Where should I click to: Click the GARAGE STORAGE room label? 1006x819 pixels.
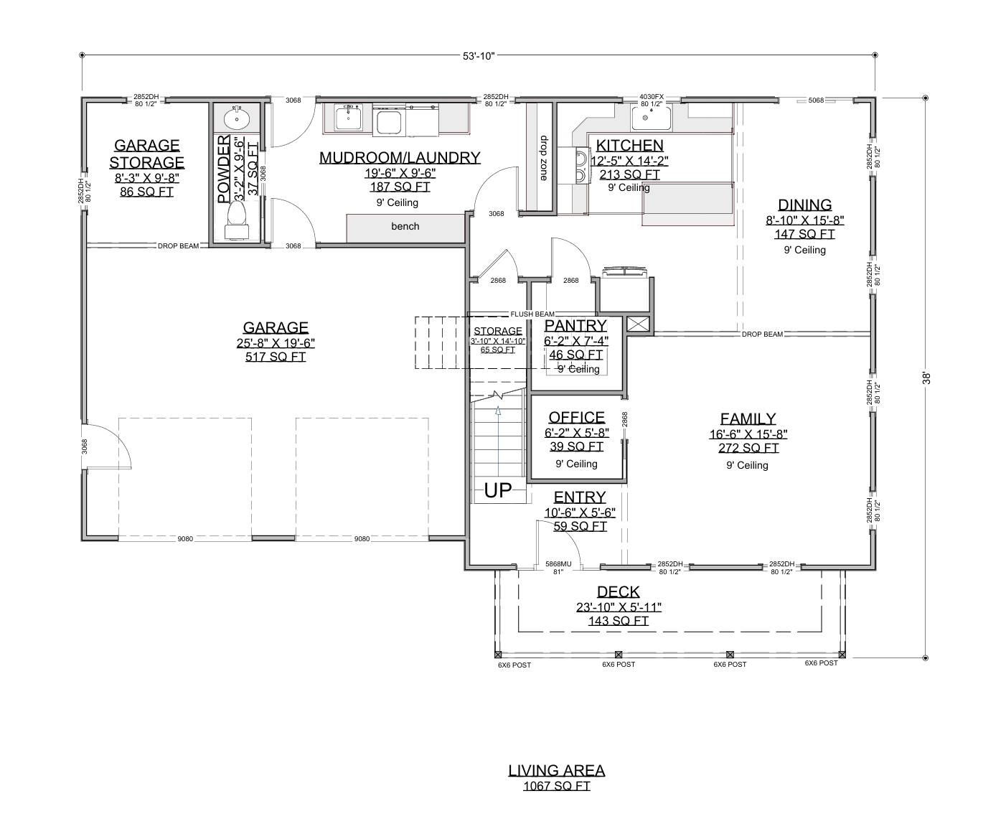pos(146,154)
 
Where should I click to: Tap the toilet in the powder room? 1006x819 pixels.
pos(235,219)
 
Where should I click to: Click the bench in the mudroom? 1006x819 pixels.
pos(405,227)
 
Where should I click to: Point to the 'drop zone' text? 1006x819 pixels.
pos(543,159)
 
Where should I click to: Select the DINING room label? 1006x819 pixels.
pos(804,205)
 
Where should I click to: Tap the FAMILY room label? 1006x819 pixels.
pos(748,418)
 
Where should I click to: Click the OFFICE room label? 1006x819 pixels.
pos(576,418)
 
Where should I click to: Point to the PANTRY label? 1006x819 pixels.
pos(575,326)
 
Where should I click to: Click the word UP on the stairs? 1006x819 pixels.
pos(498,491)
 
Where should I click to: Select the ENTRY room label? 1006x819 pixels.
pos(580,497)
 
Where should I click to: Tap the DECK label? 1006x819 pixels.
pos(618,591)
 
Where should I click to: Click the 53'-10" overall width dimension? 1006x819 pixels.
pos(478,55)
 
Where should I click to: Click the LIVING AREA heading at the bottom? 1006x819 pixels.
pos(556,770)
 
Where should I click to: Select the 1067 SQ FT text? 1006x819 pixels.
pos(556,786)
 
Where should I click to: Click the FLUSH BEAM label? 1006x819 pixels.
pos(532,314)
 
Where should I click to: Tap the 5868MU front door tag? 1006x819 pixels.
pos(558,564)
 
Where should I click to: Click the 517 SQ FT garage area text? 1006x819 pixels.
pos(276,357)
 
